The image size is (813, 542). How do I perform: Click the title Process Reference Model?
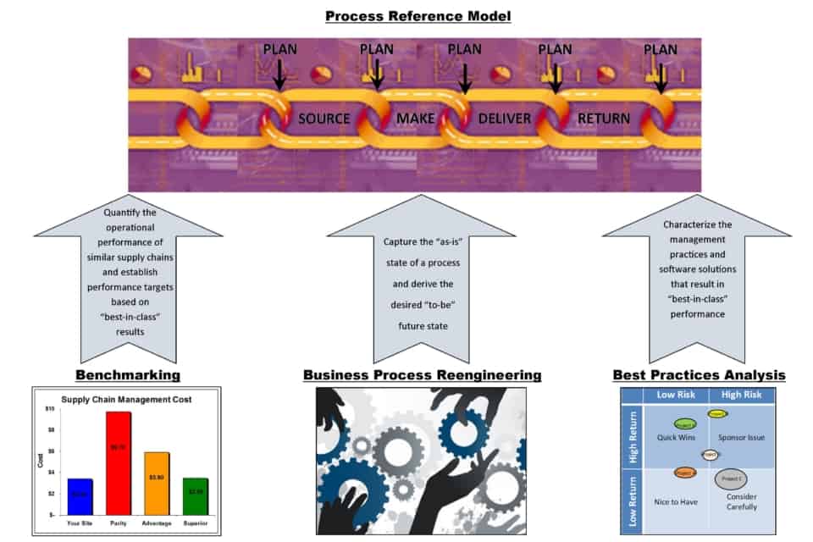pos(406,15)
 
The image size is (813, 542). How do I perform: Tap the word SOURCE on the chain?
pos(324,119)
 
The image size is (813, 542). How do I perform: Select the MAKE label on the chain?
pos(415,119)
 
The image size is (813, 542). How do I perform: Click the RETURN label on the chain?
pos(603,119)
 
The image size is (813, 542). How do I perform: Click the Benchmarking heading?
pos(128,374)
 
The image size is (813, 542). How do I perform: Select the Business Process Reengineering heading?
pos(422,374)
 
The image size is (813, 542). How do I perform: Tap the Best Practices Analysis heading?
pos(699,374)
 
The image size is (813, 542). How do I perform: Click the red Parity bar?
pos(119,462)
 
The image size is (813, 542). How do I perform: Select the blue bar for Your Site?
pos(80,495)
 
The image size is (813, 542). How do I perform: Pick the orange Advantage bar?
pos(157,483)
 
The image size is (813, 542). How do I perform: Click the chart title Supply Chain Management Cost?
pos(126,398)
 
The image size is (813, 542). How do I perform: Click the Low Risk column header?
pos(676,395)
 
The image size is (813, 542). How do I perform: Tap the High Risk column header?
pos(742,395)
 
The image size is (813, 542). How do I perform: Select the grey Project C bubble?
pos(730,479)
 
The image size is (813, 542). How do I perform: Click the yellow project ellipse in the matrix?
pos(718,414)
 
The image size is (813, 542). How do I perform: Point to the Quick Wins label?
pos(677,438)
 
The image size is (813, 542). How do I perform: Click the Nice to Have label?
pos(677,501)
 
